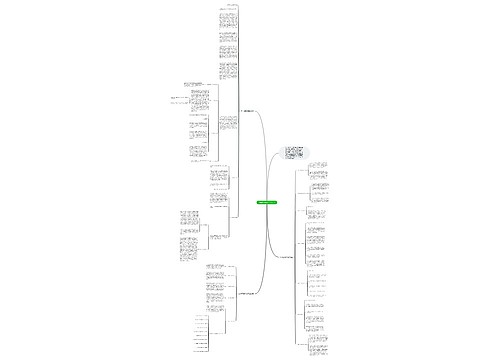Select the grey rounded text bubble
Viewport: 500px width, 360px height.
pos(297,153)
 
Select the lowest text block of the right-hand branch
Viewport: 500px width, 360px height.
pos(322,343)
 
